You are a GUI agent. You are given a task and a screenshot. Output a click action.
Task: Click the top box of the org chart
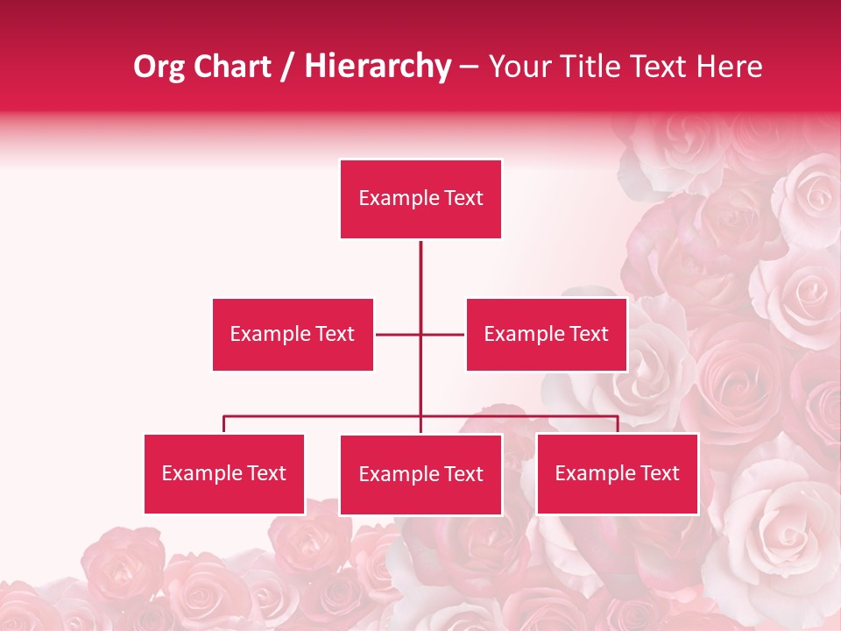point(420,199)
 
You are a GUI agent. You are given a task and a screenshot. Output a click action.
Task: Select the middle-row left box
point(293,334)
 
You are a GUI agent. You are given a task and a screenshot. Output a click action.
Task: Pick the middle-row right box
point(547,334)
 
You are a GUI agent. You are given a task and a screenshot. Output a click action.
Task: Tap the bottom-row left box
point(224,473)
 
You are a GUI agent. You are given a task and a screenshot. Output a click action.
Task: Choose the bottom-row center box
point(420,474)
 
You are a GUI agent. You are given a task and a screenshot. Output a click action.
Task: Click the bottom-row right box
point(617,473)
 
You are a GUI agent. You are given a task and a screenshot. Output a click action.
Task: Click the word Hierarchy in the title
point(378,67)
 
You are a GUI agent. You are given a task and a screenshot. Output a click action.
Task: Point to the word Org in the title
point(159,67)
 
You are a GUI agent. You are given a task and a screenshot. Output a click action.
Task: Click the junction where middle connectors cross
point(420,334)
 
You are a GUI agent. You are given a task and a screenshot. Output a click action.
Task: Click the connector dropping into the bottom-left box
point(224,425)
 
